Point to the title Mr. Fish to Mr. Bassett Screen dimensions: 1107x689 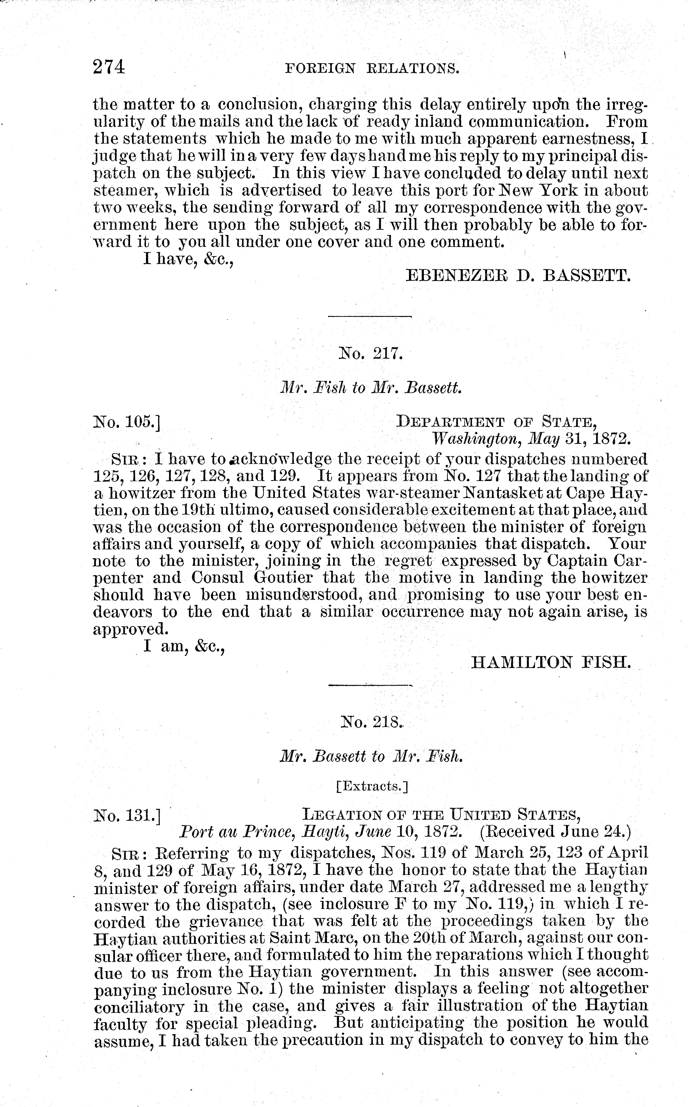coord(371,388)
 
